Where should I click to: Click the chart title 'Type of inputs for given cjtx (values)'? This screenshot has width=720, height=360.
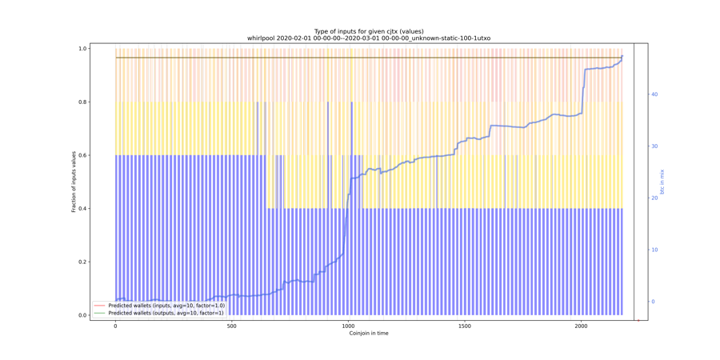point(368,31)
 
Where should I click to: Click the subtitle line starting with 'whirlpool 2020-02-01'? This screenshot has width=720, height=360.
point(368,38)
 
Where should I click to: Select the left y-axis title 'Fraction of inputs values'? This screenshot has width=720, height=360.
point(74,182)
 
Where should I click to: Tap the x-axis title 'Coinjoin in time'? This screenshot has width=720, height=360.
point(369,334)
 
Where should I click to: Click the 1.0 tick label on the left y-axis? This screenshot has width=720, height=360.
point(104,49)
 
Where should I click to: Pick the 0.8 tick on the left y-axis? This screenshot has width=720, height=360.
point(104,102)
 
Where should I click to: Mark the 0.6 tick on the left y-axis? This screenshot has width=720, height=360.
point(104,155)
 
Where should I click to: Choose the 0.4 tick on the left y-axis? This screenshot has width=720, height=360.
point(104,209)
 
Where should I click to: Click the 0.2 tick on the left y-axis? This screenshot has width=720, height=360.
point(104,262)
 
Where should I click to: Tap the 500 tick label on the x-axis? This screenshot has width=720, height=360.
point(232,326)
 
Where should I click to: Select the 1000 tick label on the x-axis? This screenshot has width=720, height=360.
point(348,326)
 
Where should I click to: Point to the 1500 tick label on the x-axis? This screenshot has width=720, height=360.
point(465,326)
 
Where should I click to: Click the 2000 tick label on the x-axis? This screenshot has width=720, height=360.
point(581,326)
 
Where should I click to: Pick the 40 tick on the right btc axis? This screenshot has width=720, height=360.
point(654,94)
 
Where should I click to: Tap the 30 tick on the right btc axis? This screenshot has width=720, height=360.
point(654,146)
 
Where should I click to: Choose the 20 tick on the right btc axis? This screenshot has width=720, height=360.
point(654,198)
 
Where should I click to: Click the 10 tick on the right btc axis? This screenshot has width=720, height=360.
point(654,250)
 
